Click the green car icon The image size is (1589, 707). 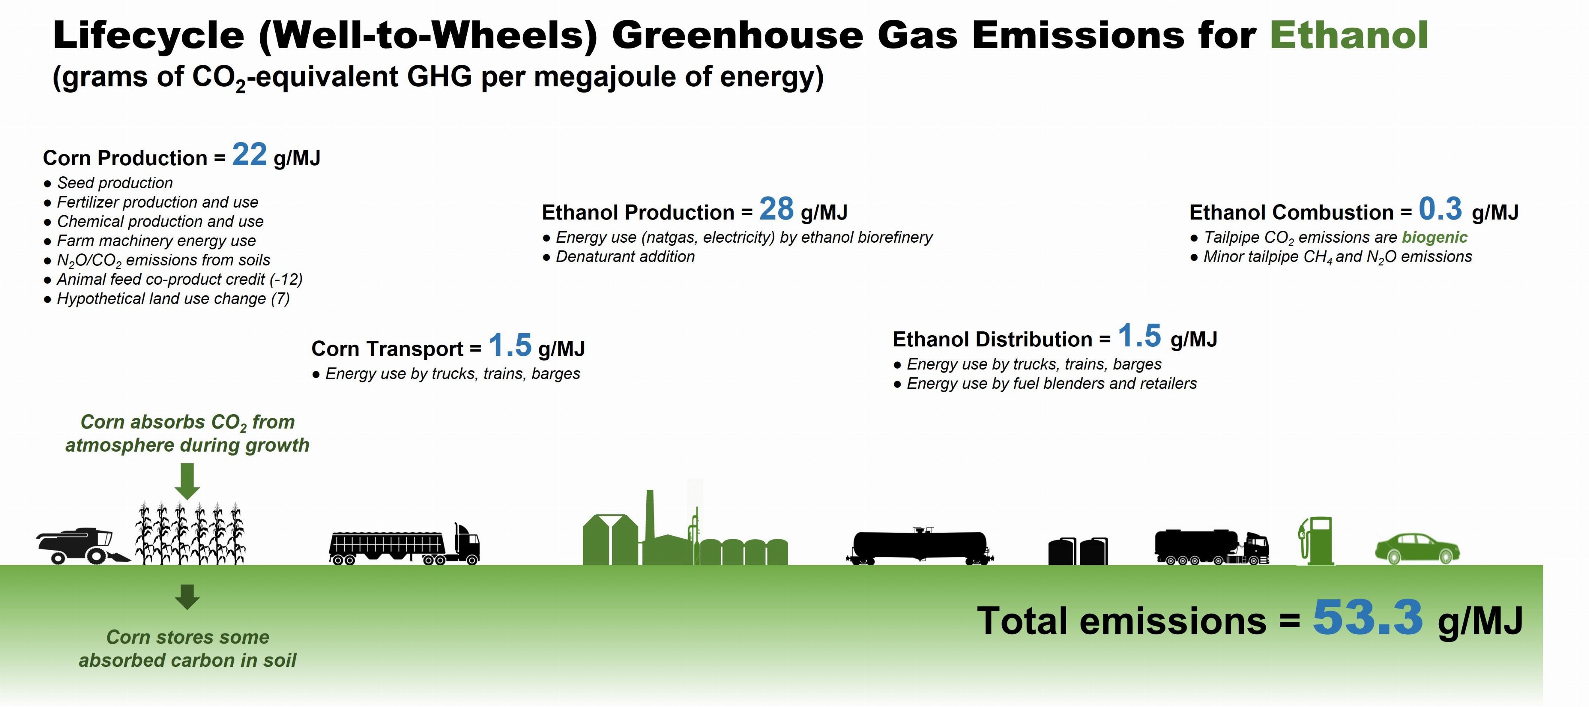pos(1417,549)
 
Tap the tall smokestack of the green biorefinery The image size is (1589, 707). pos(650,516)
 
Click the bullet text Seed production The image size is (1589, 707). pos(115,183)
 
